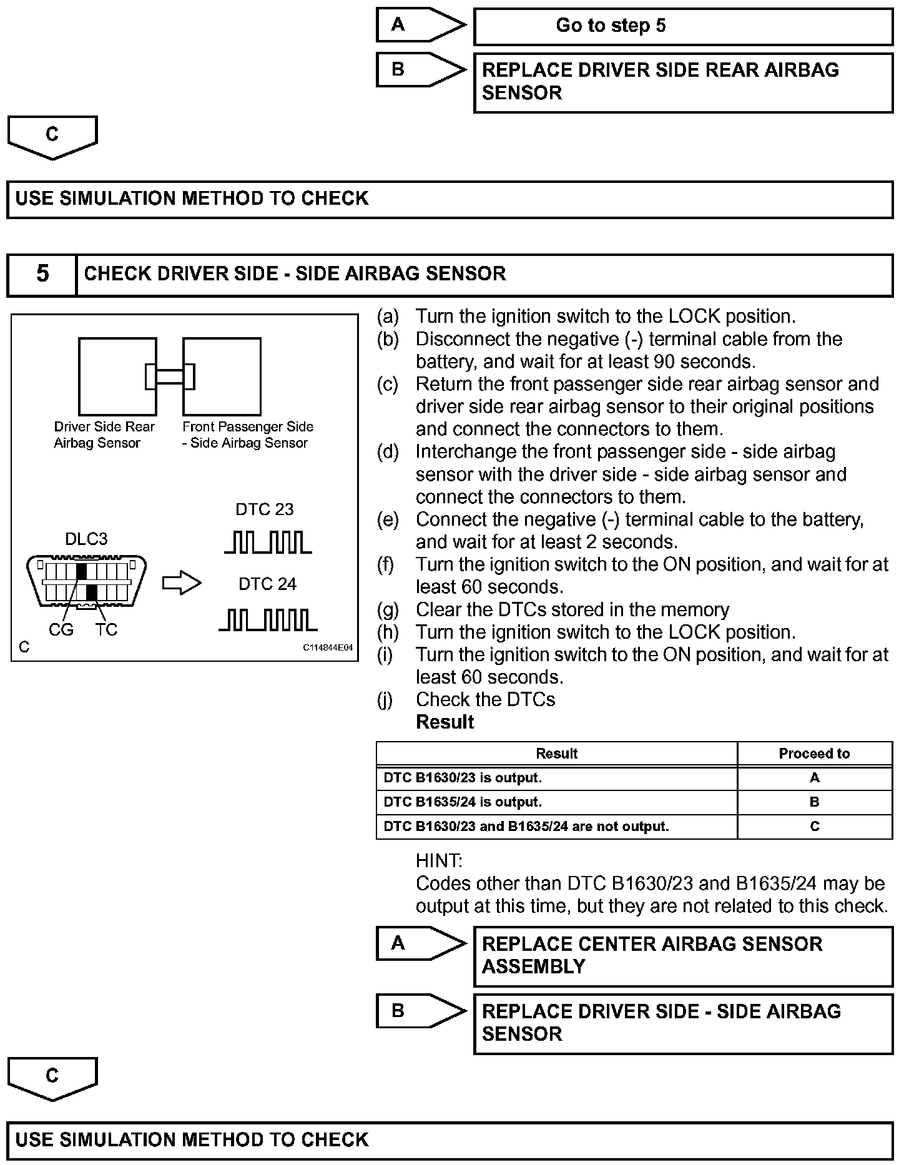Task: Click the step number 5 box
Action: point(42,274)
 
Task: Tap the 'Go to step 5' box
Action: point(683,26)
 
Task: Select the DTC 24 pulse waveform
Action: point(268,619)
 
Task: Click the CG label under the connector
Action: point(61,630)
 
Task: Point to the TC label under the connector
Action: point(106,630)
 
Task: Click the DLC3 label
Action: point(86,539)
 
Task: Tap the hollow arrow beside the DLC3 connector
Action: point(182,583)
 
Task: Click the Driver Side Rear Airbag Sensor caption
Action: point(104,435)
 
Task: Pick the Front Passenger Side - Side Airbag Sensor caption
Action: point(248,435)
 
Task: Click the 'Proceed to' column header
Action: point(814,754)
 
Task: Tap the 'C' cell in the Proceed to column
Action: point(814,827)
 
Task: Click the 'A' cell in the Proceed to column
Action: point(814,778)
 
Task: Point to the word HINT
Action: point(439,861)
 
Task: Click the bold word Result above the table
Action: point(445,722)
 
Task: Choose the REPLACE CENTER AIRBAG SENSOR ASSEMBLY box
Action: point(683,956)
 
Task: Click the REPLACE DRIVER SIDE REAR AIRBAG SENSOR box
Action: point(683,82)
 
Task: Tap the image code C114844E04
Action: point(328,648)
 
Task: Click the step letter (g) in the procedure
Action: point(387,610)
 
